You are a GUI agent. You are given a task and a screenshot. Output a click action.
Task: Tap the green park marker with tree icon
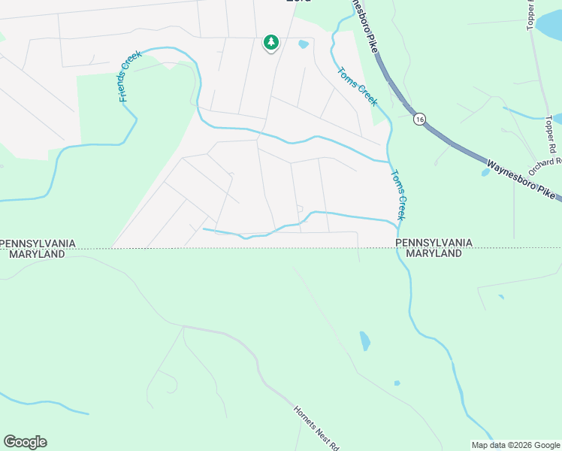[x=270, y=43]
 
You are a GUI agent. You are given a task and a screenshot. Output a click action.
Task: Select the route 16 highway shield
[x=419, y=119]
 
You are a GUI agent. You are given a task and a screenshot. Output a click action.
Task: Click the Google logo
[x=25, y=442]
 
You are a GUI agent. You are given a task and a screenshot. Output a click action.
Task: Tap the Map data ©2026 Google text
[x=515, y=445]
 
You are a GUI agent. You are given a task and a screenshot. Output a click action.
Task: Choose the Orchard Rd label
[x=545, y=162]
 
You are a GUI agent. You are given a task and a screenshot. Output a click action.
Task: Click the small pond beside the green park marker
[x=304, y=44]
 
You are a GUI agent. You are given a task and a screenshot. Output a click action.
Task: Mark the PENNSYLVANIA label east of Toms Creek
[x=434, y=243]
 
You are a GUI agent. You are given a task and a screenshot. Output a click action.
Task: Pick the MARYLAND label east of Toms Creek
[x=434, y=254]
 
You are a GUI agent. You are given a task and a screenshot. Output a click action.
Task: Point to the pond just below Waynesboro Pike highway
[x=486, y=172]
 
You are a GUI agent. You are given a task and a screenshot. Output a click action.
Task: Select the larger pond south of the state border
[x=364, y=341]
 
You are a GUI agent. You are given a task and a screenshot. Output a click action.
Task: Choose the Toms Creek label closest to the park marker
[x=357, y=87]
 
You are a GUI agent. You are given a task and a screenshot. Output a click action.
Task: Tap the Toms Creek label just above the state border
[x=397, y=194]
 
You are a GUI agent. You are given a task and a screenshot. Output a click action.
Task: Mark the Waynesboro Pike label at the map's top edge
[x=364, y=23]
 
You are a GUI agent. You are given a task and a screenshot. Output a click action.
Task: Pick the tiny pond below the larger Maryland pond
[x=397, y=383]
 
